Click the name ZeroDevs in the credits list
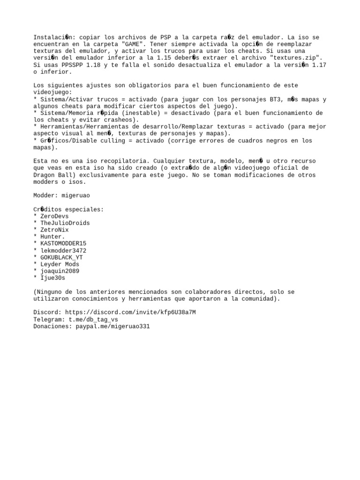[54, 216]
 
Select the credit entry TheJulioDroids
[65, 223]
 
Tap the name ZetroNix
[54, 230]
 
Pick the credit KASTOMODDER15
[63, 243]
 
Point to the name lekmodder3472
[63, 250]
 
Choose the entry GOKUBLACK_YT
[61, 257]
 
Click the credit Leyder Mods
[60, 264]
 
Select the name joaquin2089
[60, 271]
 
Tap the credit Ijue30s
[52, 278]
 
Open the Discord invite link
[130, 312]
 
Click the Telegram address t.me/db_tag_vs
[93, 319]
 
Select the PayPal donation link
[112, 326]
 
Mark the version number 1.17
[319, 65]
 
